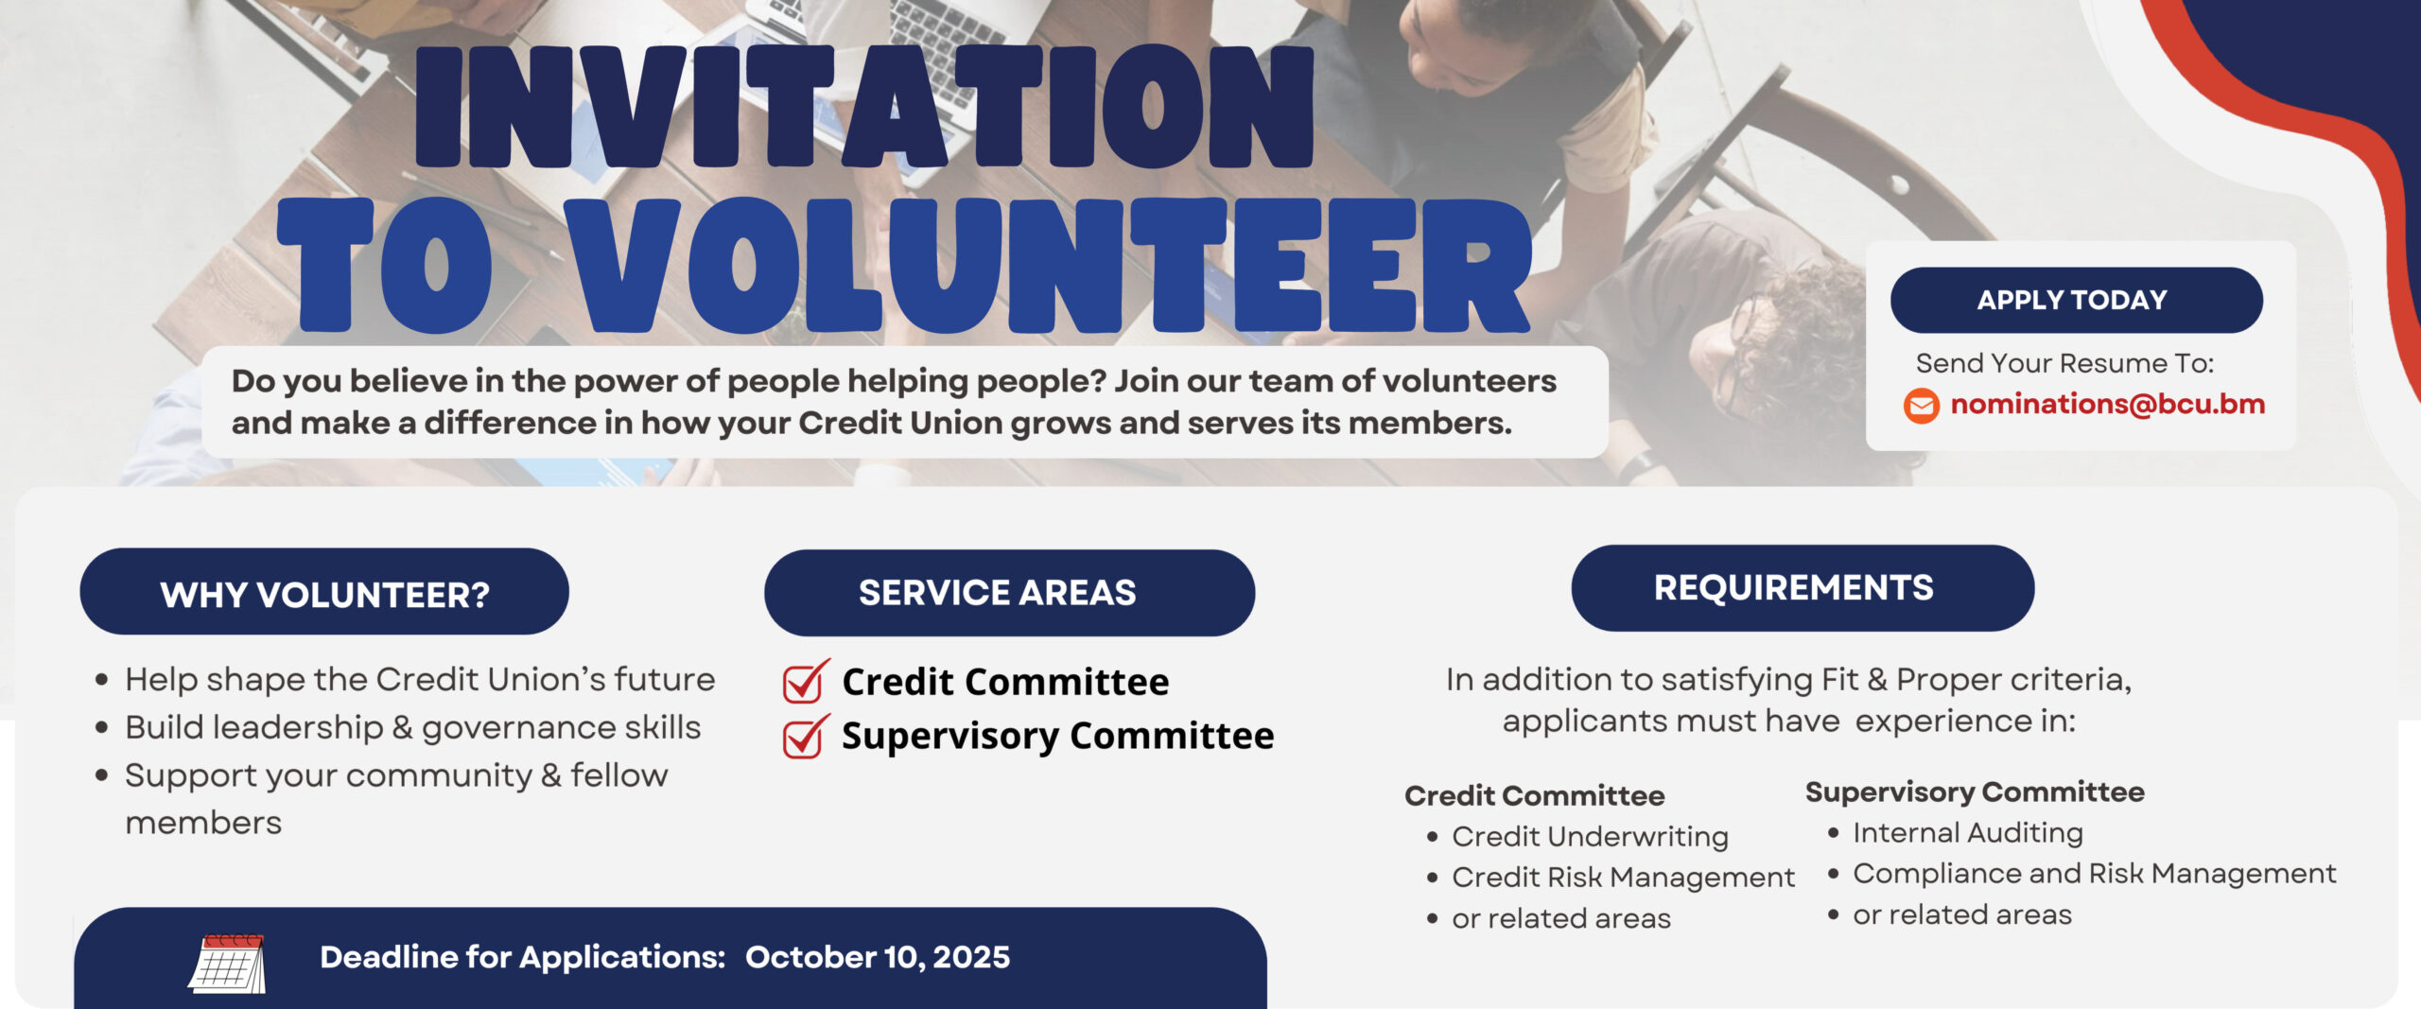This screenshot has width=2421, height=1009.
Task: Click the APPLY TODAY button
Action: coord(2076,300)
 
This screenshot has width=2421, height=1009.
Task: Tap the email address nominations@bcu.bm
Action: coord(2107,405)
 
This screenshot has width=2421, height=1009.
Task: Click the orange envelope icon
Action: coord(1921,406)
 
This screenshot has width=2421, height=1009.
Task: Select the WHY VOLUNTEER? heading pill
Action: coord(324,592)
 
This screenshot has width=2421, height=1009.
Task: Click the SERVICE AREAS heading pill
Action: coord(1009,593)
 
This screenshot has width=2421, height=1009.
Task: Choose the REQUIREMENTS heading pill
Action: coord(1803,588)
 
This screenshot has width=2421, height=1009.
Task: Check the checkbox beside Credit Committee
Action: coord(805,681)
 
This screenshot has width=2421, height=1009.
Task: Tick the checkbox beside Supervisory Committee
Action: coord(805,736)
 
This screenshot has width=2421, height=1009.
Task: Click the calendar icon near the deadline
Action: coord(227,963)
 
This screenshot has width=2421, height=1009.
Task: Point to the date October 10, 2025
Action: coord(878,957)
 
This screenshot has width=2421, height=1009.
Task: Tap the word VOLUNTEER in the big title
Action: coord(1052,265)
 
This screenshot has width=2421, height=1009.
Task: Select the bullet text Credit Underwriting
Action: coord(1590,837)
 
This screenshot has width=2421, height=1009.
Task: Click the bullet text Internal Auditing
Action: coord(1968,833)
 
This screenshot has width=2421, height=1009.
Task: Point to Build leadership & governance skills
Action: coord(412,728)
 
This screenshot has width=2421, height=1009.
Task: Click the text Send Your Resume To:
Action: coord(2064,363)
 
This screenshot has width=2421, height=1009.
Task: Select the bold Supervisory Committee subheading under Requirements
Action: coord(1975,792)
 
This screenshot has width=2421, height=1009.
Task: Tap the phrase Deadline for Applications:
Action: coord(522,957)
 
